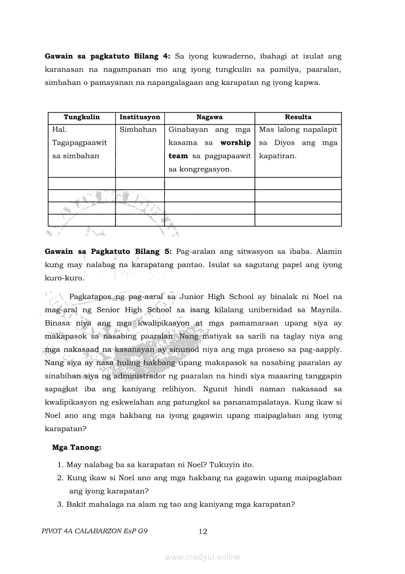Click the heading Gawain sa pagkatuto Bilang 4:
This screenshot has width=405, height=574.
coord(108,56)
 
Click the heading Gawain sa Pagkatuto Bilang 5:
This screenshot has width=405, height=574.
coord(108,251)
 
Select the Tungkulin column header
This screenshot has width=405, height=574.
coord(81,117)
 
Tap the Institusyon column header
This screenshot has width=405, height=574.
coord(140,117)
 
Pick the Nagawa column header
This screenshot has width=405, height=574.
coord(209,117)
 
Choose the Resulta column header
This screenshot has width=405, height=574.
coord(298,117)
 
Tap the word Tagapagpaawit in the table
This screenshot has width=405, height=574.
coord(79,143)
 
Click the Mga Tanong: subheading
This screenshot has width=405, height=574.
coord(76,447)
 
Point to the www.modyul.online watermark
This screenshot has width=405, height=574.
coord(202,557)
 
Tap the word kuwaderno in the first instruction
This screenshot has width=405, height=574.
coord(221,56)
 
